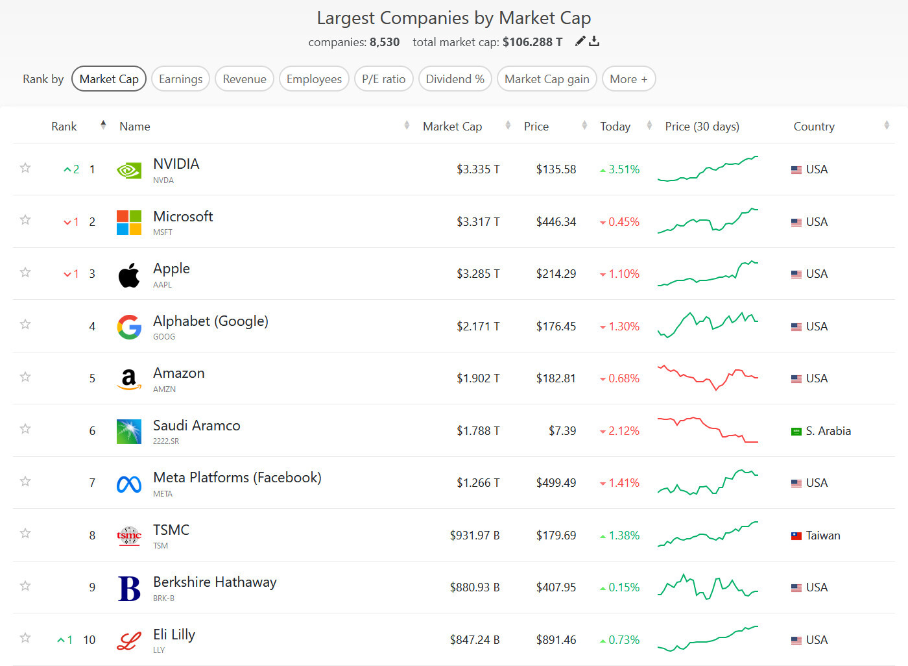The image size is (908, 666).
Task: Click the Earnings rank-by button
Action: [x=180, y=79]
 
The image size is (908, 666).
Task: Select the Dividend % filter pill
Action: [x=455, y=79]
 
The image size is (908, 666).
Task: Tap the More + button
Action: [x=628, y=79]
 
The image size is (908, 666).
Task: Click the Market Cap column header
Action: [x=452, y=127]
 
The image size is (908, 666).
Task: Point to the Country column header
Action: [x=813, y=127]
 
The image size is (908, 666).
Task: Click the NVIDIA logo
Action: [x=129, y=170]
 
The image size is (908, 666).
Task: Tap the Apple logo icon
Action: [x=129, y=275]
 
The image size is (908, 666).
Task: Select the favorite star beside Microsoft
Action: [x=25, y=220]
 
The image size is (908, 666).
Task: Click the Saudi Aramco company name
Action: [x=197, y=426]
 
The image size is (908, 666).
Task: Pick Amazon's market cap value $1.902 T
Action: [x=478, y=378]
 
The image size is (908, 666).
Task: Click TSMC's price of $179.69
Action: [x=556, y=536]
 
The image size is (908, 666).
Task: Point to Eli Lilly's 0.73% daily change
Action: [x=623, y=640]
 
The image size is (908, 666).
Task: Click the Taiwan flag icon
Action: [x=796, y=536]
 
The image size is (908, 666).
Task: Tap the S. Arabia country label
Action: [x=828, y=431]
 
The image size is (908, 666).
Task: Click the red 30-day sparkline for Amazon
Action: [x=708, y=377]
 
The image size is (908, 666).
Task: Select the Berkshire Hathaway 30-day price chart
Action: [x=708, y=587]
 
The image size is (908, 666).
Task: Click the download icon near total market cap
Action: [x=594, y=42]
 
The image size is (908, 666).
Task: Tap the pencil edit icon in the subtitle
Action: [x=580, y=42]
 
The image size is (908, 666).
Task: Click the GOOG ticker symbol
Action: [x=164, y=337]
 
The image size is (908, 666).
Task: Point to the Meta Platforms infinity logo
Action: [x=129, y=484]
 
